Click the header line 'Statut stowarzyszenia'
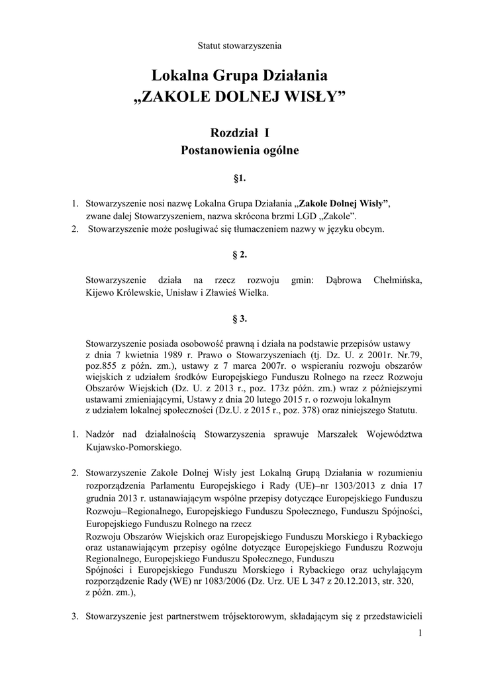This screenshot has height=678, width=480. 240,46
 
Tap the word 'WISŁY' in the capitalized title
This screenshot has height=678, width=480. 315,97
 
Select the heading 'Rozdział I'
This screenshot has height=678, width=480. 240,132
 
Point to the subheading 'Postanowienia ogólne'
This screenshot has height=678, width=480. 240,150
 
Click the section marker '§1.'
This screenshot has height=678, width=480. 240,179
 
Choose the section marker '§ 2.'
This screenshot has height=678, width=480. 240,254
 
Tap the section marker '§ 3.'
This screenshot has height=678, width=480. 240,318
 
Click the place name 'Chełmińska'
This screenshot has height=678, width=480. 397,280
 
